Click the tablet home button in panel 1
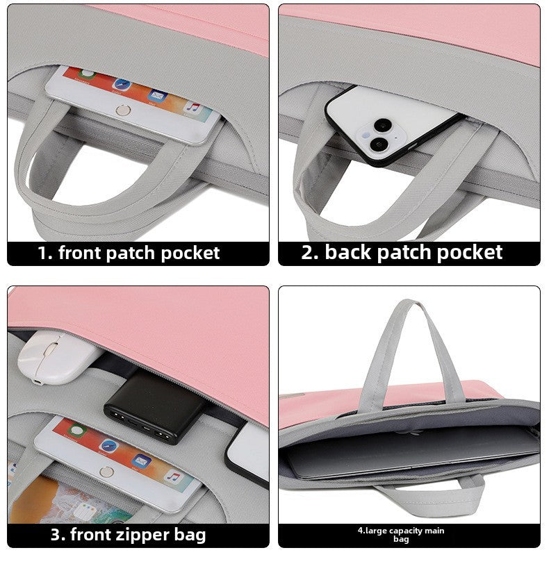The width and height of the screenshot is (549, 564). pos(124,109)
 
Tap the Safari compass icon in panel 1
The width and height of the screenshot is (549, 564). pos(122,84)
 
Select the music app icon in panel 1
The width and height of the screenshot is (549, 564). pos(192,108)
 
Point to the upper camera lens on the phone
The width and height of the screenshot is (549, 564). pos(382,126)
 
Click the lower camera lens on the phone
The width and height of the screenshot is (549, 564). pos(379,144)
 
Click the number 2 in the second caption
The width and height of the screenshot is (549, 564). pos(309,253)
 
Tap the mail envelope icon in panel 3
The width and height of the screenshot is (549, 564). pos(142,461)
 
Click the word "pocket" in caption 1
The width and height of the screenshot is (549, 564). pos(190,253)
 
